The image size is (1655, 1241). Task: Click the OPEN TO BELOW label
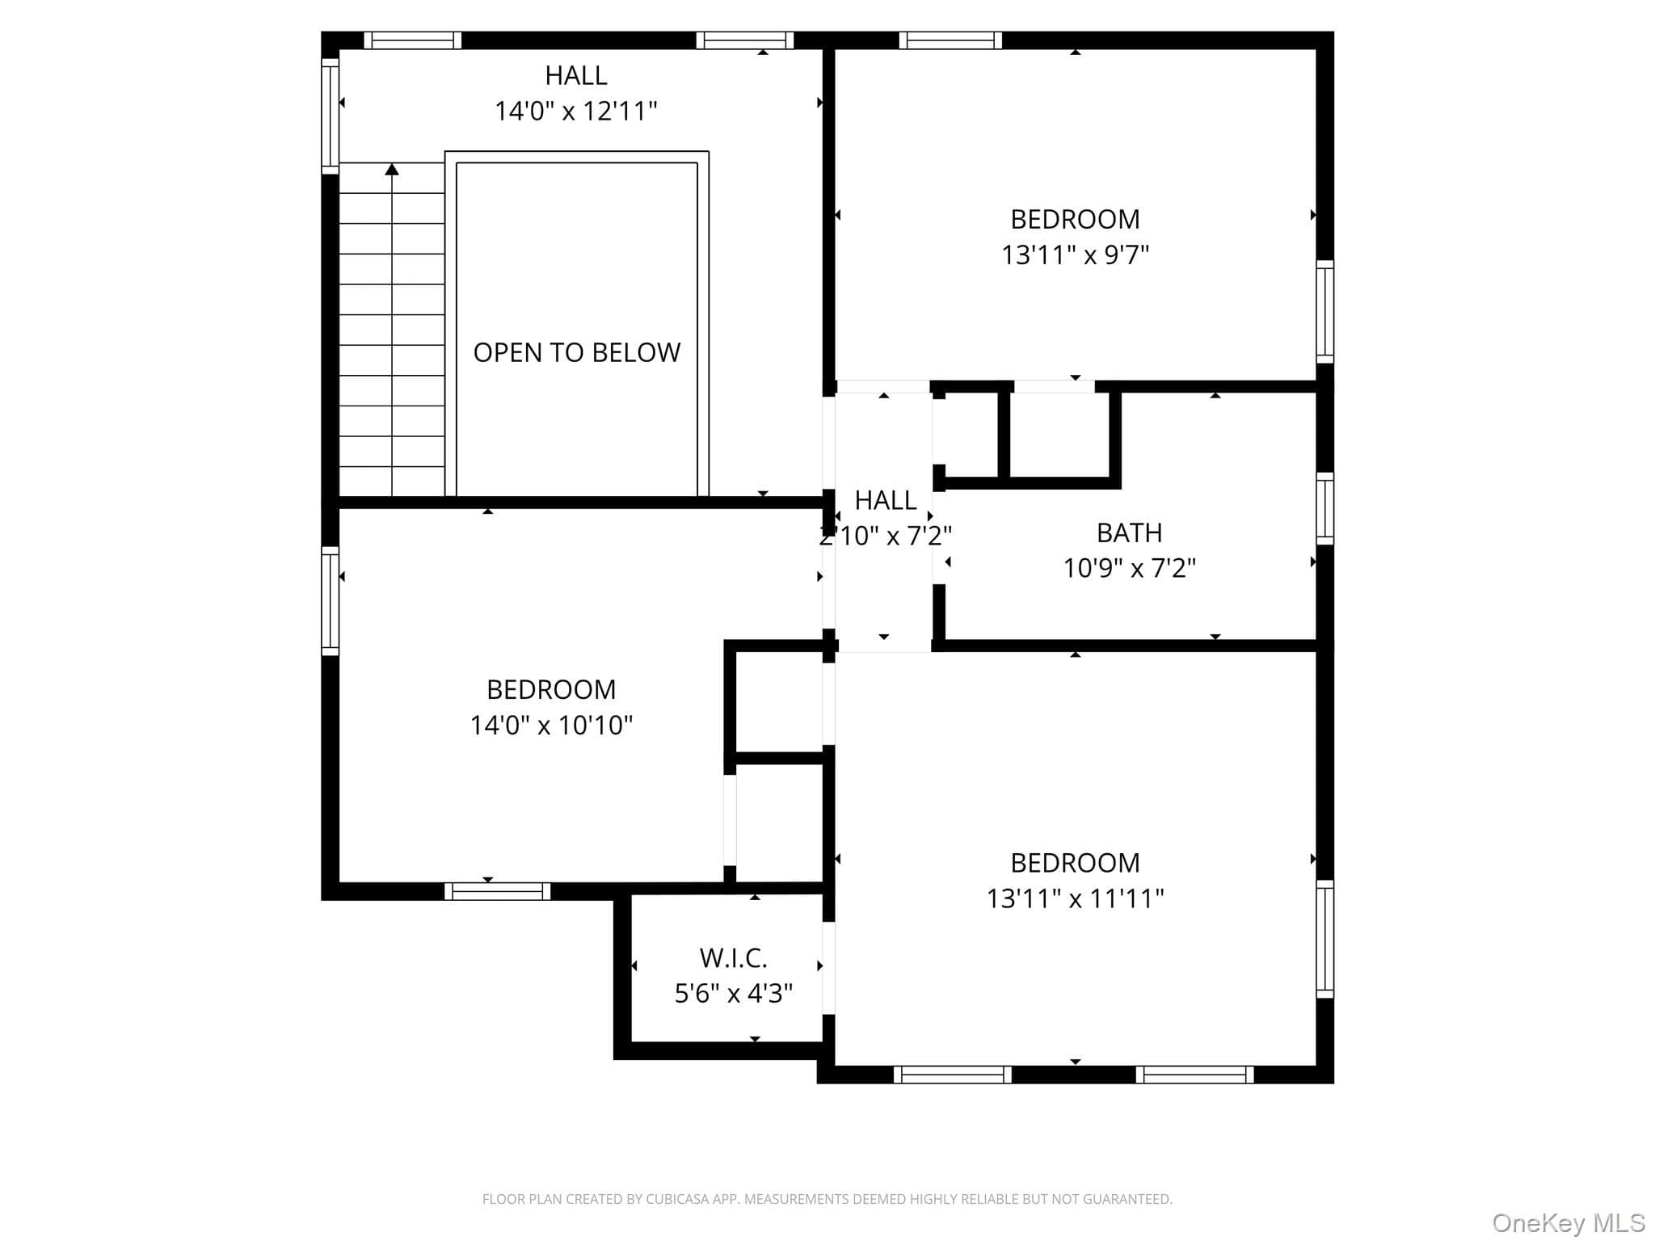[x=576, y=352]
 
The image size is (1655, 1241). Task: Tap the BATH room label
[x=1129, y=532]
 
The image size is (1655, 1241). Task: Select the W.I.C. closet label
[x=733, y=957]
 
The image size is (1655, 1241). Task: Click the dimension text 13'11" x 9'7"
[x=1075, y=255]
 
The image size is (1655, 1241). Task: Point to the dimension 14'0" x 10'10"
[x=551, y=725]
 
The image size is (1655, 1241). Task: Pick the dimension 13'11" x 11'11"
[x=1075, y=898]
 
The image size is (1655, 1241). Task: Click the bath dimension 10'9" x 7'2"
[x=1129, y=568]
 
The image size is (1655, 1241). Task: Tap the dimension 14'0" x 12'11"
[x=575, y=111]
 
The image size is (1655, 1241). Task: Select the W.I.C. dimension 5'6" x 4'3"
[x=733, y=993]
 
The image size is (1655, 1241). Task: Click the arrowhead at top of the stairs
[x=392, y=169]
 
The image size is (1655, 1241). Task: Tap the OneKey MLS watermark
[x=1569, y=1222]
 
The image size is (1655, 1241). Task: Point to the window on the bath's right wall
[x=1324, y=508]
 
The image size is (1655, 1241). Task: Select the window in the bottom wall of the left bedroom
[x=497, y=891]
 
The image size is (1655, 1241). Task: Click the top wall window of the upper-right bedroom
[x=950, y=40]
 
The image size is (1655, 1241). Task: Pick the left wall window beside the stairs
[x=330, y=116]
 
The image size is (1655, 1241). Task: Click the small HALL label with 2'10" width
[x=886, y=500]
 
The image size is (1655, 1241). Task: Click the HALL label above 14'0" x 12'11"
[x=575, y=75]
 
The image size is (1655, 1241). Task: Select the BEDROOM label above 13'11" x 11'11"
[x=1075, y=863]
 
